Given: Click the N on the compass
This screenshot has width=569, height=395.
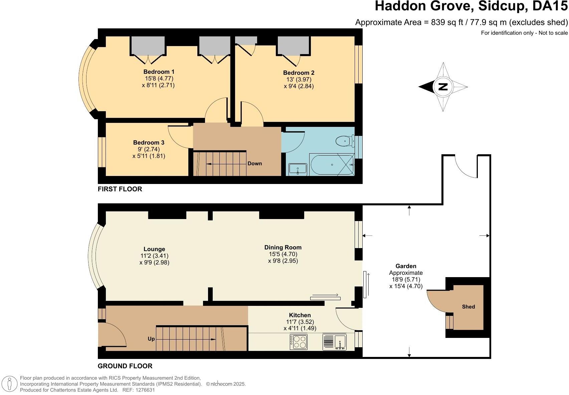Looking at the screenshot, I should (x=443, y=87).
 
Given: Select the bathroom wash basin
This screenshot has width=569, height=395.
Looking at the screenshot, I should (x=298, y=169).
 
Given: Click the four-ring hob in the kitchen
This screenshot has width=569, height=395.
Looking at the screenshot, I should (x=299, y=342).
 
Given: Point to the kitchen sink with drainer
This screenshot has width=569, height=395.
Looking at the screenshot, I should (x=334, y=342).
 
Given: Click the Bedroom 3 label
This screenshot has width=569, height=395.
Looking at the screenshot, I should (x=149, y=143).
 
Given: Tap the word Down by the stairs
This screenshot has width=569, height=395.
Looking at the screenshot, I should (x=254, y=164).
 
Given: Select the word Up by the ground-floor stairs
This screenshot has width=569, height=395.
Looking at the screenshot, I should (x=151, y=339).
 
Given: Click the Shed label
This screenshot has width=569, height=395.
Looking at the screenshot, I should (x=468, y=307).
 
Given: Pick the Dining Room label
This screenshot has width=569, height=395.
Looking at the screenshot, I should (x=283, y=247).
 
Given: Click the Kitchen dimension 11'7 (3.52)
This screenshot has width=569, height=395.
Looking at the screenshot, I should (x=300, y=322).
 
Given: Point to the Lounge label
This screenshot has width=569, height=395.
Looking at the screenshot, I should (x=154, y=249).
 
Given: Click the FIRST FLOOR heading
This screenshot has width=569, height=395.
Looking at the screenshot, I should (x=120, y=189).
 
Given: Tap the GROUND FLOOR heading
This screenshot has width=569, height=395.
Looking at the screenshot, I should (x=125, y=366).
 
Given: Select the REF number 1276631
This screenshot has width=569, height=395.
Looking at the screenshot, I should (x=144, y=390).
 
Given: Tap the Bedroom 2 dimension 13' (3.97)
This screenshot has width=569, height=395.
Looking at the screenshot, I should (x=299, y=79).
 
